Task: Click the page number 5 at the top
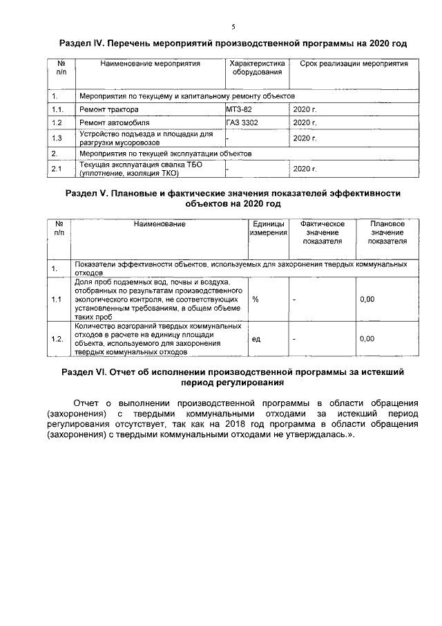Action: (x=233, y=27)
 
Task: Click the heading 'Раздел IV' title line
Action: (x=233, y=43)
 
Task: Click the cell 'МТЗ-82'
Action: (x=239, y=109)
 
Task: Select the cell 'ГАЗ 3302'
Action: (x=242, y=122)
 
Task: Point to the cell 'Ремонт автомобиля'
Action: (x=114, y=122)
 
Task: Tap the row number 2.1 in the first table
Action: (x=57, y=168)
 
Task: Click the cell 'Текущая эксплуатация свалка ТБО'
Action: (x=136, y=165)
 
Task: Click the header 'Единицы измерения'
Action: (x=268, y=229)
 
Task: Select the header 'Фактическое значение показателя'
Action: (x=322, y=233)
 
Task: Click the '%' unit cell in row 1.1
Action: (x=256, y=300)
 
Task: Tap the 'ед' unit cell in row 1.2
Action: (x=256, y=339)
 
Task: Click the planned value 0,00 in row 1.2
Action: (x=367, y=339)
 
